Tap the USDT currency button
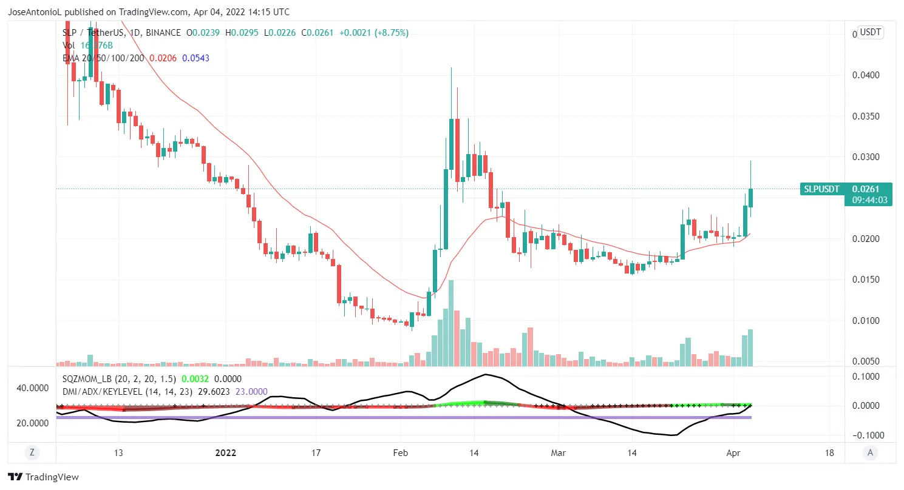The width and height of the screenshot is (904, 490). [x=870, y=32]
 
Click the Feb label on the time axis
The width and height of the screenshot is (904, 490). [x=400, y=453]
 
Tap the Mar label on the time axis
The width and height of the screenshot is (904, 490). [x=558, y=453]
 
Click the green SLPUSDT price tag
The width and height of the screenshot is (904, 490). [x=821, y=189]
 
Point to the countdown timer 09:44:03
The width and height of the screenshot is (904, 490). [x=870, y=200]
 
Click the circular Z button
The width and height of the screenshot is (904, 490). [x=32, y=452]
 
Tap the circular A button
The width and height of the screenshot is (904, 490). [x=870, y=452]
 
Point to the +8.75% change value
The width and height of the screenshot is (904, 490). [x=392, y=32]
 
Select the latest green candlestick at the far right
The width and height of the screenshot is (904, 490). [x=750, y=198]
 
